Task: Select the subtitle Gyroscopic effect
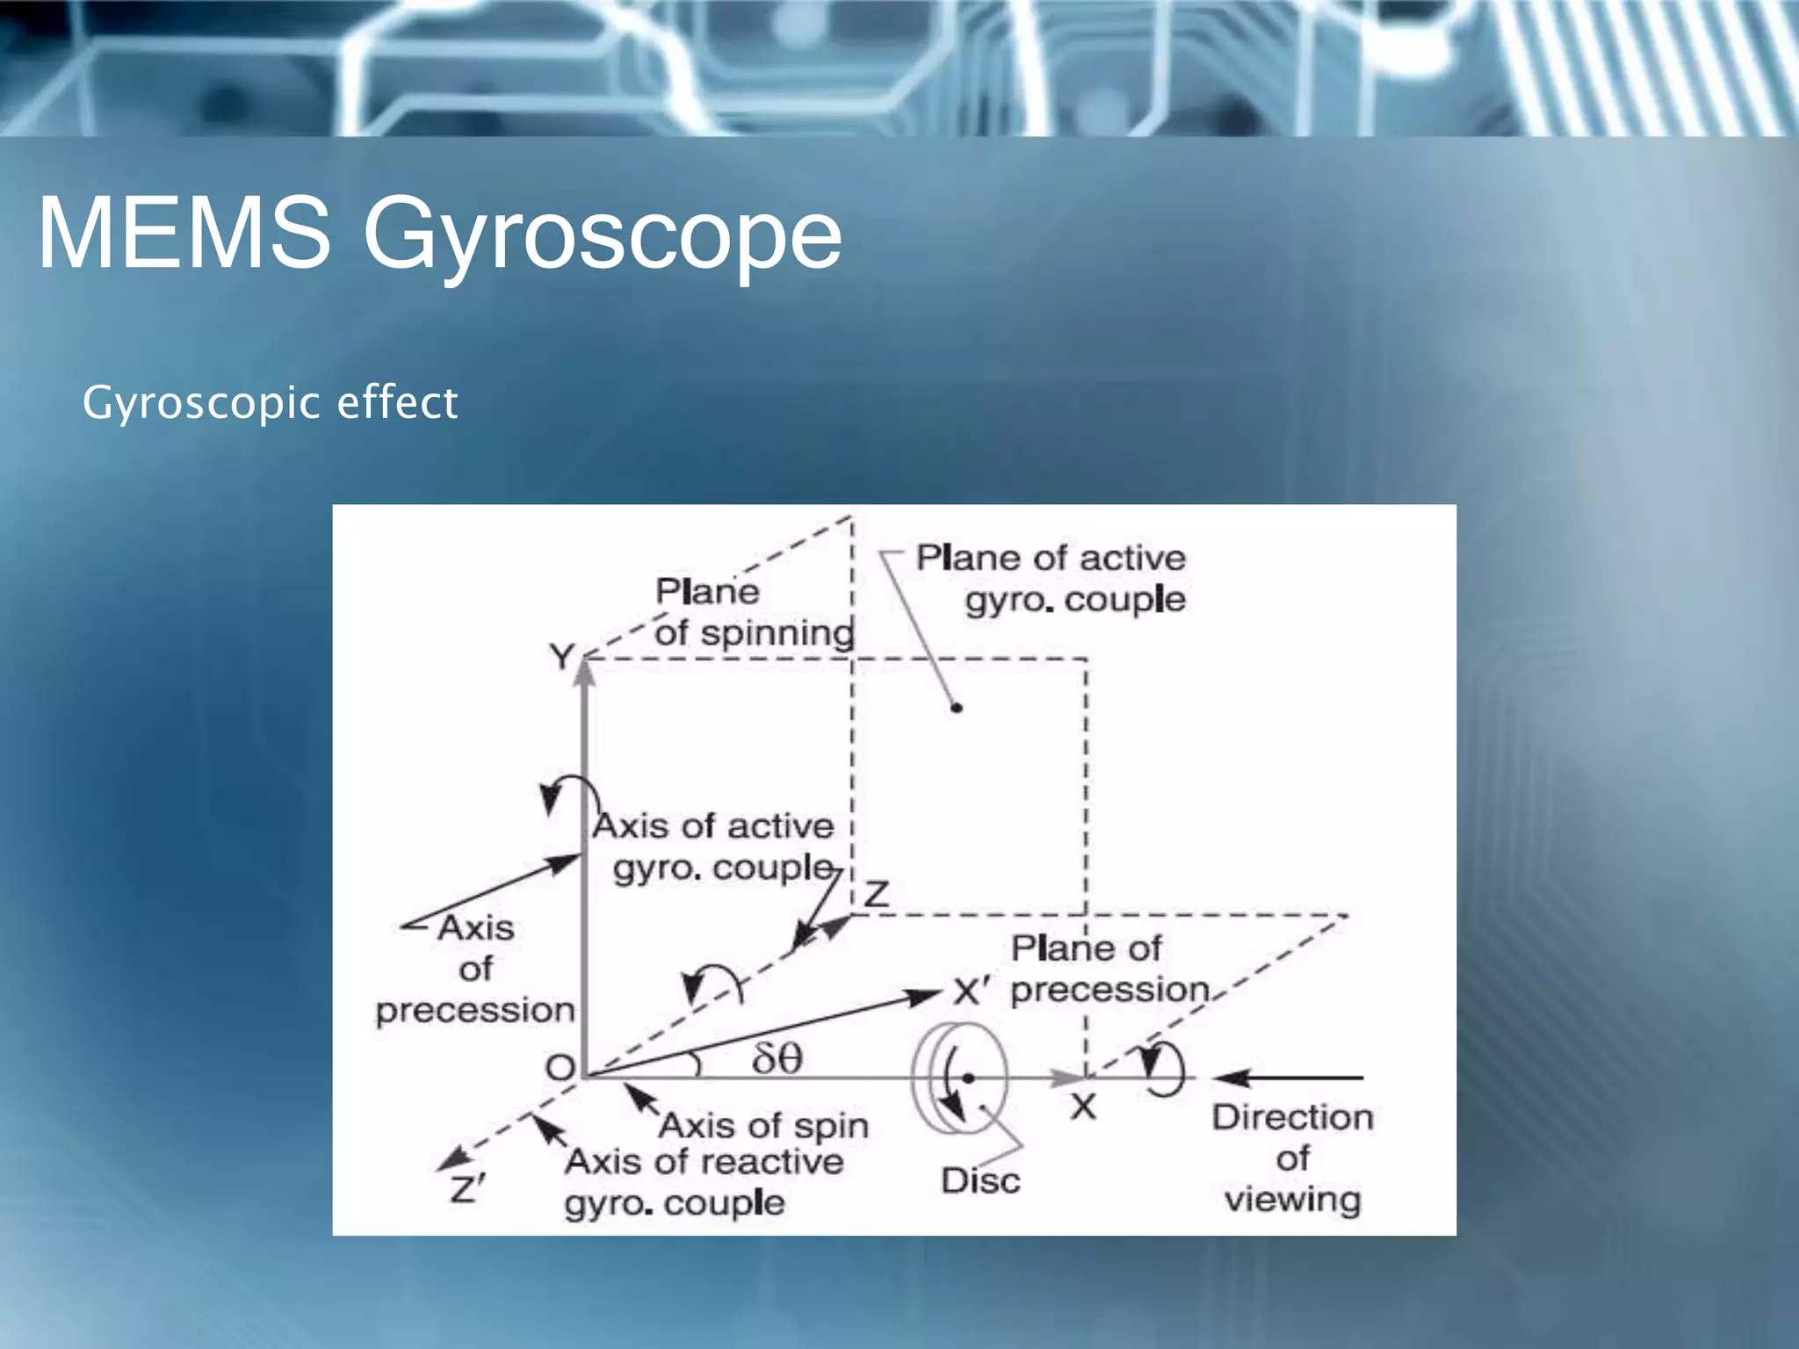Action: pyautogui.click(x=270, y=403)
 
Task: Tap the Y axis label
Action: pyautogui.click(x=561, y=656)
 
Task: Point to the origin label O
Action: pyautogui.click(x=560, y=1068)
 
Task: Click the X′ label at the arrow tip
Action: pyautogui.click(x=972, y=992)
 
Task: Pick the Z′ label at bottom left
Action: pyautogui.click(x=466, y=1190)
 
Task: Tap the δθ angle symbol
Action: pyautogui.click(x=777, y=1058)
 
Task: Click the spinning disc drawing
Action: pyautogui.click(x=959, y=1078)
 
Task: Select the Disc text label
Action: pyautogui.click(x=980, y=1181)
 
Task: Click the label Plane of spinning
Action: pyautogui.click(x=754, y=612)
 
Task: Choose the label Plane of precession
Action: pyautogui.click(x=1109, y=969)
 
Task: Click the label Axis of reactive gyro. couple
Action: pyautogui.click(x=703, y=1182)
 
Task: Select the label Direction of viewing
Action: pyautogui.click(x=1293, y=1158)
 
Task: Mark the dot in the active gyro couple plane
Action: pyautogui.click(x=957, y=707)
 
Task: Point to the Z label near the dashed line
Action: pyautogui.click(x=877, y=895)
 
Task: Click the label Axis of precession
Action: pyautogui.click(x=475, y=969)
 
